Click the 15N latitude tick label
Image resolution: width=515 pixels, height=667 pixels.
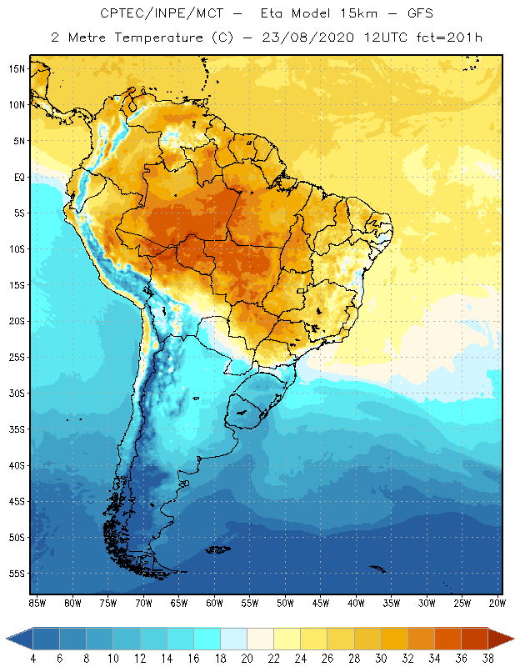click(x=16, y=68)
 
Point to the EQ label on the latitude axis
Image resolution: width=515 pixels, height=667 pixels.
click(x=17, y=177)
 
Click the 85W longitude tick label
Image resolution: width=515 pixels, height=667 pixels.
click(x=37, y=603)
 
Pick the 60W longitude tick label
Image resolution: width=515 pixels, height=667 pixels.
click(x=215, y=603)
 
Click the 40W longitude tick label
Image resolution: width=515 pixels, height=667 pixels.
click(x=357, y=603)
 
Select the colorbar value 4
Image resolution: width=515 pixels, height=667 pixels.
click(x=33, y=658)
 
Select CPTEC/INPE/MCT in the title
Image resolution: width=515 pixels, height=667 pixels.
click(x=152, y=14)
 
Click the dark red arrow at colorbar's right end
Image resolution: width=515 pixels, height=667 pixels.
click(x=500, y=639)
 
